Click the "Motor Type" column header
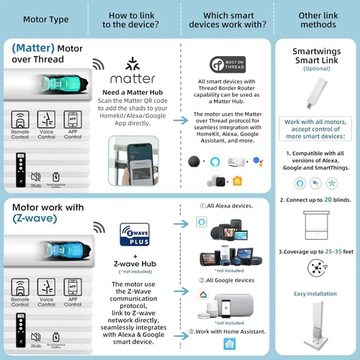click(x=46, y=18)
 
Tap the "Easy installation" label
click(x=315, y=293)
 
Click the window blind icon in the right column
click(x=314, y=221)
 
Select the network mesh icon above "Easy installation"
click(x=314, y=269)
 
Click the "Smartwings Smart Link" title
click(x=314, y=56)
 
